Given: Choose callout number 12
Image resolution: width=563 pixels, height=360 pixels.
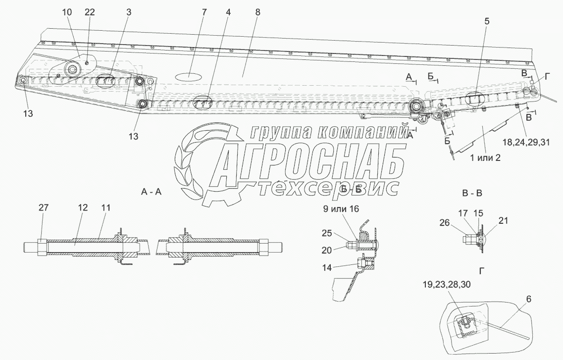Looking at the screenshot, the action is point(82,208).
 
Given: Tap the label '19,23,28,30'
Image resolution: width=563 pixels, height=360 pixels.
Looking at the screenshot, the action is point(461,284).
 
